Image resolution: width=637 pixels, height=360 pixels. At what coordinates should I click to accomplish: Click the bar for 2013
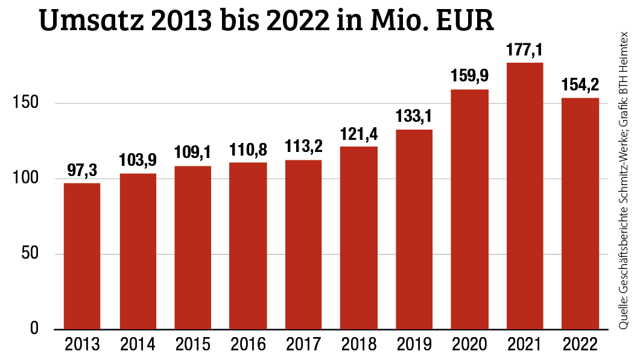(82, 256)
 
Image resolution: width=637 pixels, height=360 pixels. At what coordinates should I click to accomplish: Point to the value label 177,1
(525, 51)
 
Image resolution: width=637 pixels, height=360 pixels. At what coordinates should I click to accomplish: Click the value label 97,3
(82, 171)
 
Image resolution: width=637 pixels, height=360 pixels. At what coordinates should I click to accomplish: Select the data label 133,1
(414, 118)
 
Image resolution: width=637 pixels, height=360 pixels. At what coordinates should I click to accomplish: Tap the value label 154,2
(580, 86)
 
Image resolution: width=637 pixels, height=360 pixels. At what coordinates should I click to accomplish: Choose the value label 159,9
(469, 77)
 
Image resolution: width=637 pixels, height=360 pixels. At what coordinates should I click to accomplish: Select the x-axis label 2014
(138, 346)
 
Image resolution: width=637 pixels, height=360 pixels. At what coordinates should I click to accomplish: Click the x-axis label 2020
(469, 346)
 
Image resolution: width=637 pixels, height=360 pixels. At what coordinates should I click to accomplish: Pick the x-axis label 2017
(303, 346)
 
